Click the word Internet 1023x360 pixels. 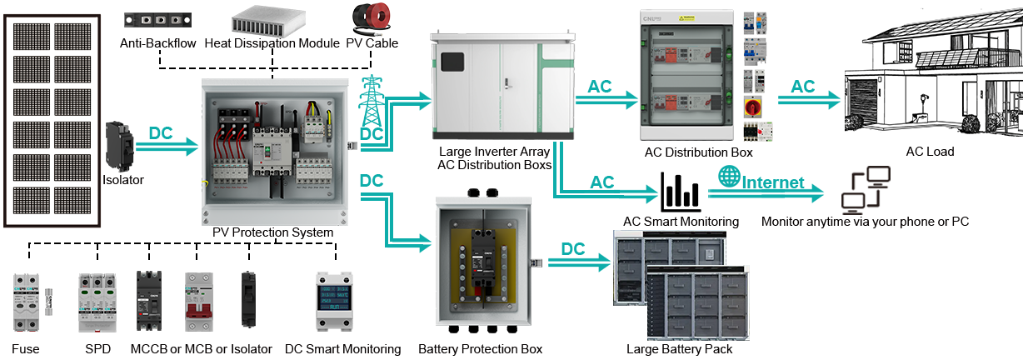(772, 182)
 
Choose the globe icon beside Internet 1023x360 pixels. (728, 177)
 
